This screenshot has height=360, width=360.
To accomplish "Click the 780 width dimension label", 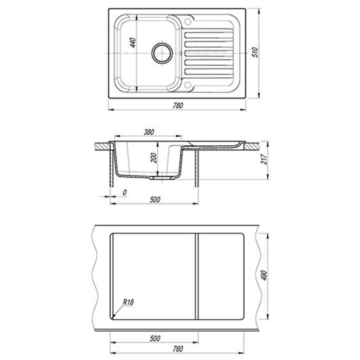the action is click(x=178, y=105).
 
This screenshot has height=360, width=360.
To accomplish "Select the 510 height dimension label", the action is click(x=255, y=52).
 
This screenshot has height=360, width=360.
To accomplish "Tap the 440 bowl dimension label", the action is click(x=133, y=43).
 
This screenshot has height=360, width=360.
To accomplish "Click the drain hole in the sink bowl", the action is click(x=162, y=53).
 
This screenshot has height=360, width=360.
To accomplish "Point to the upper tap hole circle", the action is click(x=188, y=22).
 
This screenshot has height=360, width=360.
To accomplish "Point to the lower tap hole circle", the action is click(x=188, y=85).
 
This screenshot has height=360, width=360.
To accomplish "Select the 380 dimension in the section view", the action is click(x=149, y=132).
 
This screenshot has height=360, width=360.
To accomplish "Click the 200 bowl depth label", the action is click(x=153, y=158).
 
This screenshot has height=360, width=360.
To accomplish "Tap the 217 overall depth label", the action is click(x=264, y=159).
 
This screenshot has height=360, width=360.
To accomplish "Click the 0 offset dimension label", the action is click(x=125, y=193).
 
